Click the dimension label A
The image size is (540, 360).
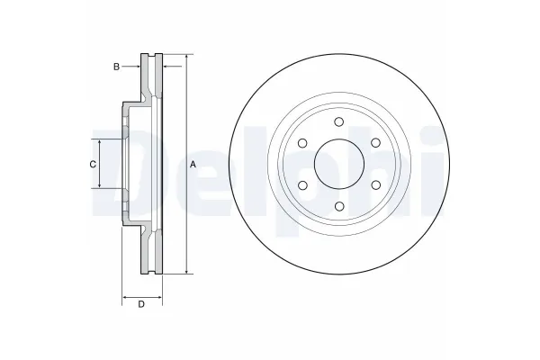pos(193,165)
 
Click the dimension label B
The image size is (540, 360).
pos(116,67)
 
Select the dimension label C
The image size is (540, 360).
pos(93,165)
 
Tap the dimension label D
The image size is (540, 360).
pos(141,304)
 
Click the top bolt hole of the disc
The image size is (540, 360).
pos(339,121)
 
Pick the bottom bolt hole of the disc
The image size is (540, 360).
pos(339,206)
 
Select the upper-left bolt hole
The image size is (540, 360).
pos(302,143)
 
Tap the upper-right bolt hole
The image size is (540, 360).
pos(375,142)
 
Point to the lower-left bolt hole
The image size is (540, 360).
pos(302,185)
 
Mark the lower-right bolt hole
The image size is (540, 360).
pos(375,185)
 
